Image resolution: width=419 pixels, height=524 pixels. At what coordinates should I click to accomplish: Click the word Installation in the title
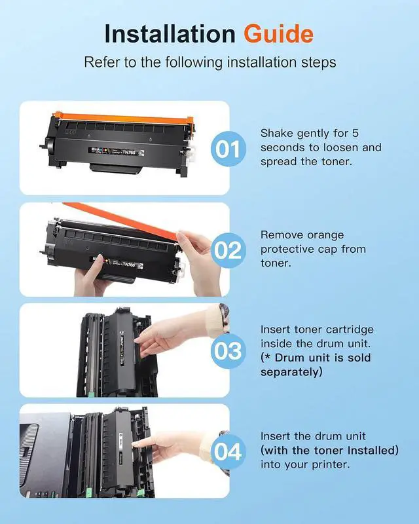pyautogui.click(x=170, y=34)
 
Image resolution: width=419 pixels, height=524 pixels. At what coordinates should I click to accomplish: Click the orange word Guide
pyautogui.click(x=278, y=34)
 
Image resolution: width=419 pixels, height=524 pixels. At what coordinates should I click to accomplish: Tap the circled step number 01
pyautogui.click(x=228, y=149)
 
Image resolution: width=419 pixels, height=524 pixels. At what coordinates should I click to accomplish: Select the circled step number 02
pyautogui.click(x=228, y=250)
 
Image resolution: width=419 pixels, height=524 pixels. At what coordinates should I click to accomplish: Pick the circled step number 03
pyautogui.click(x=228, y=351)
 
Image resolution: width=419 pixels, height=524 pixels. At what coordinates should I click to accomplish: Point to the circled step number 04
pyautogui.click(x=228, y=452)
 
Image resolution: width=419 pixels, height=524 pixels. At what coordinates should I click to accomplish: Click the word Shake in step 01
pyautogui.click(x=277, y=133)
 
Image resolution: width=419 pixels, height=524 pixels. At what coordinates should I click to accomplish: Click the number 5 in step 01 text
pyautogui.click(x=355, y=133)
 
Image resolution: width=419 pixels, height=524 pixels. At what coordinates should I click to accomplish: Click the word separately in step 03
pyautogui.click(x=291, y=372)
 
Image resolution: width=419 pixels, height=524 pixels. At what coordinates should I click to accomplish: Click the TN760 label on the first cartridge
pyautogui.click(x=128, y=153)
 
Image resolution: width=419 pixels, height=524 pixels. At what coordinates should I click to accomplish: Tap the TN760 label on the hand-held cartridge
pyautogui.click(x=128, y=265)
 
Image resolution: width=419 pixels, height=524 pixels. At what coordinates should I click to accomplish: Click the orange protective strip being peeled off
pyautogui.click(x=120, y=220)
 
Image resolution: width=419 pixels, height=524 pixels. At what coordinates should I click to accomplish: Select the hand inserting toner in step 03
pyautogui.click(x=173, y=336)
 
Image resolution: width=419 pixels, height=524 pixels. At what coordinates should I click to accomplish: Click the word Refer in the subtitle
pyautogui.click(x=101, y=62)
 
